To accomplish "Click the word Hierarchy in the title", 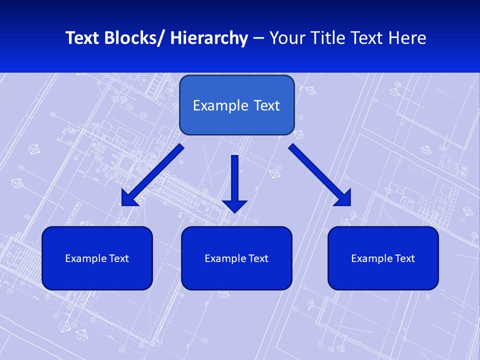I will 209,38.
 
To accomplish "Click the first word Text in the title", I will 82,38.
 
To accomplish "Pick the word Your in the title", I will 287,38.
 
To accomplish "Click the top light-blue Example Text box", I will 236,105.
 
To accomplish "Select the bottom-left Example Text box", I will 97,258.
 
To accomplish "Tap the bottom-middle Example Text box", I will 236,258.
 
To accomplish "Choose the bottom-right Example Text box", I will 383,258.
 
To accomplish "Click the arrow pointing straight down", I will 234,180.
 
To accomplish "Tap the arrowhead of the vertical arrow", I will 234,205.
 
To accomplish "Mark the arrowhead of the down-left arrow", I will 129,198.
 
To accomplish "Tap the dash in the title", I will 258,38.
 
